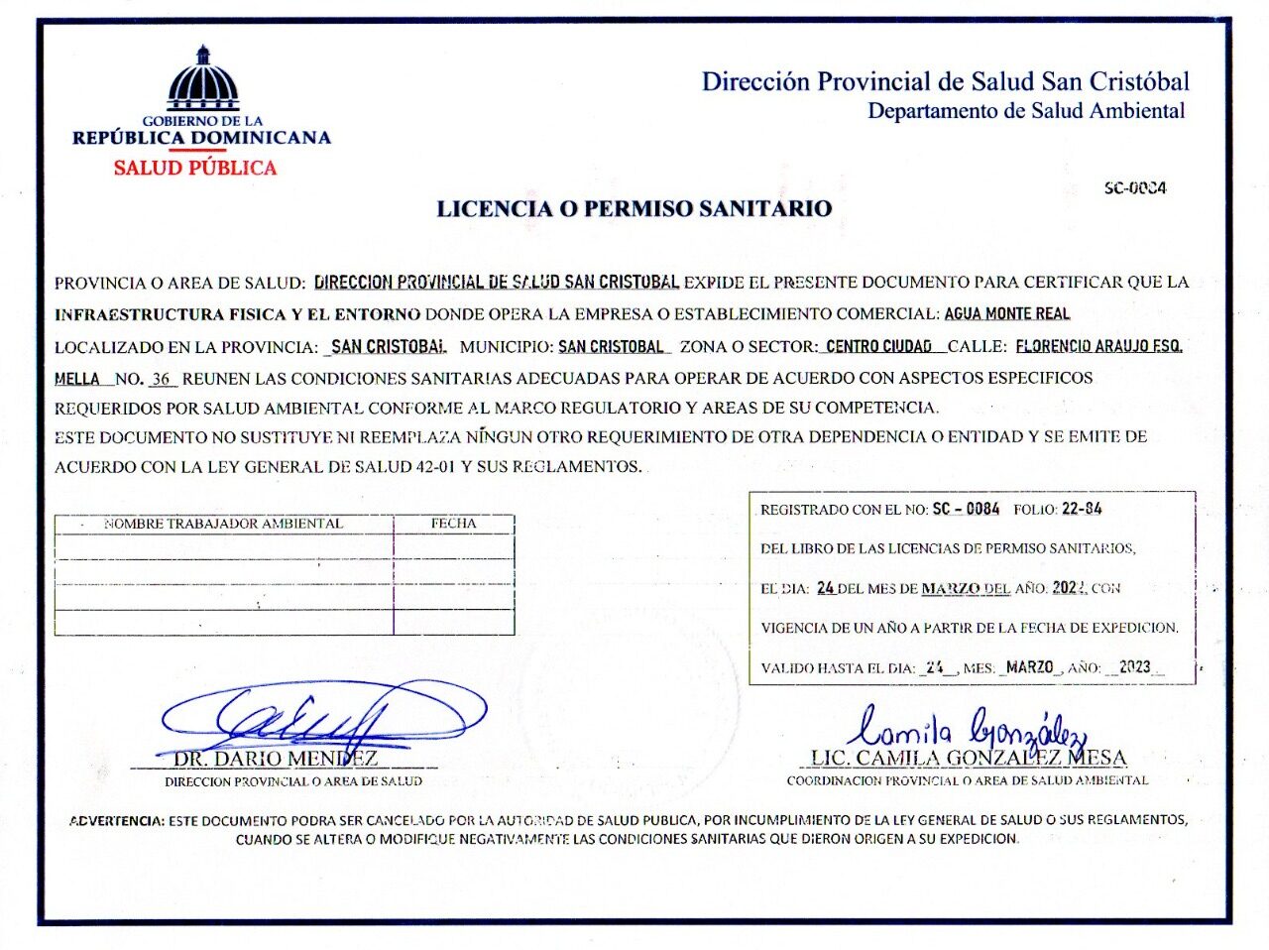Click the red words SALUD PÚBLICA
[194, 168]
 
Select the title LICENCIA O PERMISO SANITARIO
[634, 208]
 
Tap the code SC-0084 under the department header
[1135, 187]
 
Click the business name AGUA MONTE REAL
[1006, 313]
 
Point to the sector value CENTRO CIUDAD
[878, 346]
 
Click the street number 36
[161, 378]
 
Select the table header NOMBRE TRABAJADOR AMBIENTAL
[223, 524]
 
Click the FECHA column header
[453, 523]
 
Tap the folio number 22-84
[1082, 509]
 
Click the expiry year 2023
[1134, 667]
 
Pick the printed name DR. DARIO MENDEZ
[276, 759]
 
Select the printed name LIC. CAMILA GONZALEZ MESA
[969, 759]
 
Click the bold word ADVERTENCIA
[116, 820]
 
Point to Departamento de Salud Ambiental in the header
[1026, 110]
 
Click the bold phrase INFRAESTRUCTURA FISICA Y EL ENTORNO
[237, 314]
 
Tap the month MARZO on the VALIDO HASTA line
[1029, 667]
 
